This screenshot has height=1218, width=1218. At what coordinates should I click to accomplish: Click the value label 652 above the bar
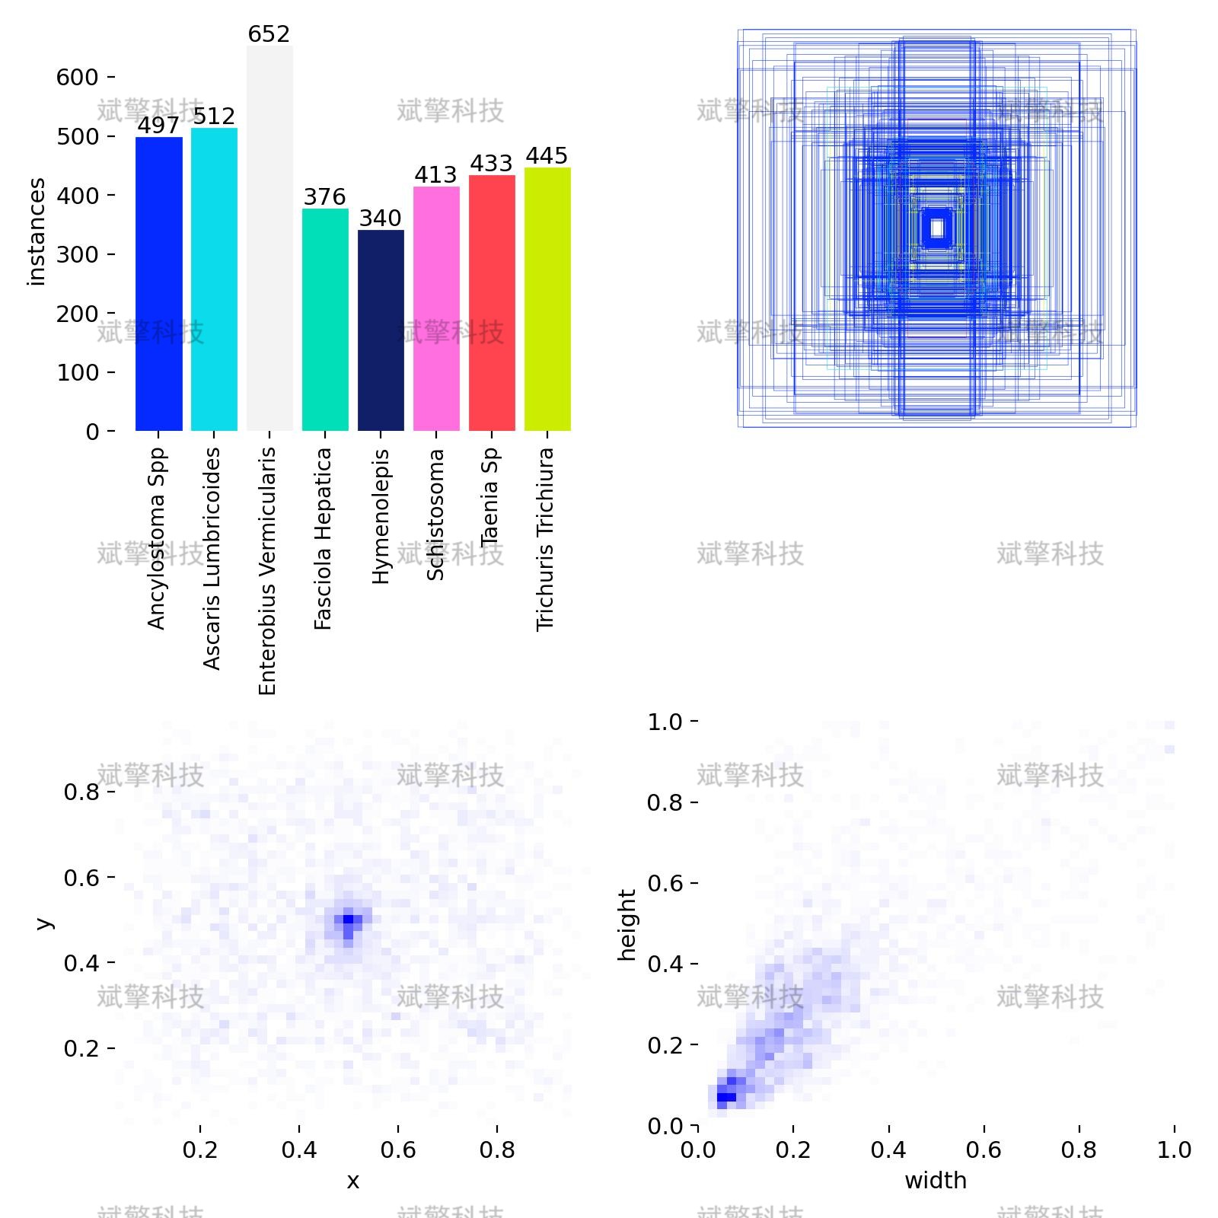[269, 34]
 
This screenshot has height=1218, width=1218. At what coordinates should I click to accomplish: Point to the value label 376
[324, 197]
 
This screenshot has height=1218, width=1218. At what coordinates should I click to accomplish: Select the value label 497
[158, 126]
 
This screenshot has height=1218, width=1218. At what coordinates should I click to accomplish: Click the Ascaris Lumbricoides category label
[212, 558]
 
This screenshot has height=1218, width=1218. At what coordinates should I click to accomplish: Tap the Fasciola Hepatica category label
[324, 538]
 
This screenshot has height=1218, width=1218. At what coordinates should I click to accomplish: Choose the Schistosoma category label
[435, 515]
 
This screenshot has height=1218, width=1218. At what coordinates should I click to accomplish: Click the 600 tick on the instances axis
[77, 77]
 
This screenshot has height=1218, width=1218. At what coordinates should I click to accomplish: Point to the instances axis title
[37, 231]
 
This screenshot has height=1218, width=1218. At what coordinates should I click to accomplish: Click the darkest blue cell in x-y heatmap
[348, 920]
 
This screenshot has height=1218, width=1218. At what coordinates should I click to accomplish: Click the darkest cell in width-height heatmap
[726, 1097]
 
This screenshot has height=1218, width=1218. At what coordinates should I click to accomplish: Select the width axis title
[935, 1181]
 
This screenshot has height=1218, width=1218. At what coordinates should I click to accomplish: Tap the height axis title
[627, 924]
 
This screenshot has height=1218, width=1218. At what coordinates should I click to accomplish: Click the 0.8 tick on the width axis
[1079, 1149]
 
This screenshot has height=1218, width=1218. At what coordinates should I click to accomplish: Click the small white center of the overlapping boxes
[937, 228]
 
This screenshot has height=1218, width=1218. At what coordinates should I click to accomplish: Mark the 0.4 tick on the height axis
[665, 964]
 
